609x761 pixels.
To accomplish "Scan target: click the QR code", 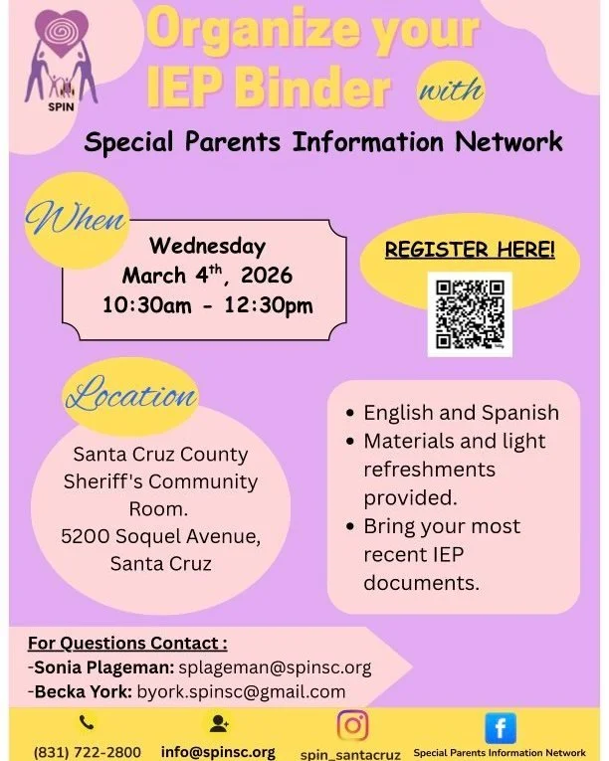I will pos(470,314).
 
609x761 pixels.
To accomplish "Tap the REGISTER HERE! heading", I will pos(470,250).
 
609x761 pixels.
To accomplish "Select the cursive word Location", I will pos(131,395).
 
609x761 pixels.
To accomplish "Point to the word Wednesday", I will pos(207,245).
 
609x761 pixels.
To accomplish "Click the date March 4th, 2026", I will pos(207,275).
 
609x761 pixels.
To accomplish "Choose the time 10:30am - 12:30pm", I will pos(207,305).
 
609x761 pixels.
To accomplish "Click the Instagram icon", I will pos(352,725).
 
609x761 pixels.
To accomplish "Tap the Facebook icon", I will pos(500,727).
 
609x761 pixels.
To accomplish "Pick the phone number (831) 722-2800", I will pos(88,752).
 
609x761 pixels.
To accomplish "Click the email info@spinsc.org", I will pos(218,752).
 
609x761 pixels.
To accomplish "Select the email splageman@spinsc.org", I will pos(275,667).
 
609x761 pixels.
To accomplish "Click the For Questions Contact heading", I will pos(126,643).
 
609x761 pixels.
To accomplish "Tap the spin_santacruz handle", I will pos(350,754).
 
